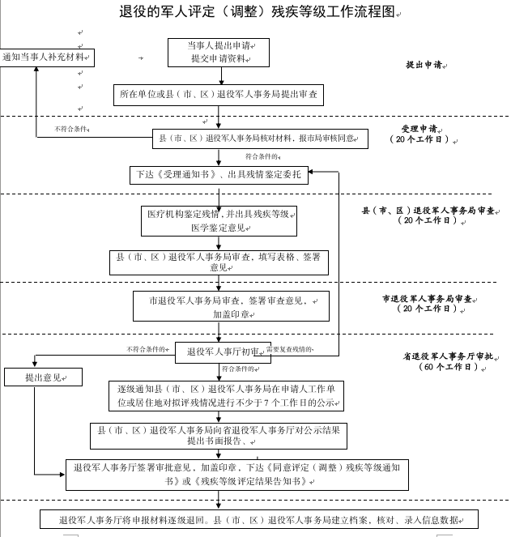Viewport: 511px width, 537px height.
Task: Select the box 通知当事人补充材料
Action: [x=48, y=58]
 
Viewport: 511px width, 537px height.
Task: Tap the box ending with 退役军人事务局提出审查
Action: [x=218, y=95]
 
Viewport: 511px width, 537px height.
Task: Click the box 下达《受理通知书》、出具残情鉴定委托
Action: [x=218, y=174]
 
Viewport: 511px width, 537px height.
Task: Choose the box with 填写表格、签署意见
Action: [x=219, y=262]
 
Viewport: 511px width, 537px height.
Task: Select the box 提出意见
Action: [x=43, y=377]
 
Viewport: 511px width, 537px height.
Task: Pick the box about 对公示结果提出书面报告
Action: [x=218, y=436]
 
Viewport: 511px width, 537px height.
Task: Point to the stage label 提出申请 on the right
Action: [x=424, y=65]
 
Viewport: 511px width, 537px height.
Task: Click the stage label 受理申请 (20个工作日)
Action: [x=419, y=134]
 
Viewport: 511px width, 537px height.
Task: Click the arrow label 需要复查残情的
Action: [x=289, y=349]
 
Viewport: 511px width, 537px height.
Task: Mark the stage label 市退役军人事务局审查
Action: [x=420, y=303]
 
